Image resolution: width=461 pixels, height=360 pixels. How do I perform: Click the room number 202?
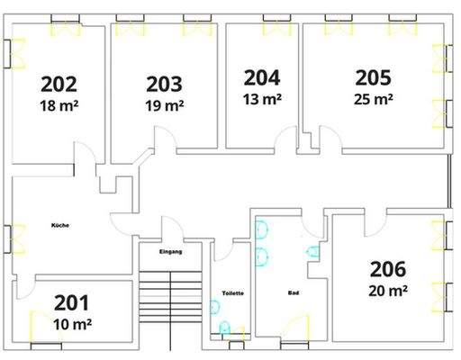(x=59, y=85)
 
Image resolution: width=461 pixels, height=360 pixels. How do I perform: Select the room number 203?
(x=165, y=85)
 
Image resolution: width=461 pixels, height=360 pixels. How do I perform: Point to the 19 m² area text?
(x=165, y=105)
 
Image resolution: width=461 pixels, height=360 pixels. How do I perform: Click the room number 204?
(x=261, y=77)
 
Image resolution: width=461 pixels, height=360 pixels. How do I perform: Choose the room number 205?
(x=374, y=77)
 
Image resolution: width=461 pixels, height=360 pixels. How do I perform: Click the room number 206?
(x=388, y=268)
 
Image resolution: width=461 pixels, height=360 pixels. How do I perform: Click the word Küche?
(x=61, y=224)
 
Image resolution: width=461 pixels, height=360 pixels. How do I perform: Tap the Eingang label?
(x=170, y=251)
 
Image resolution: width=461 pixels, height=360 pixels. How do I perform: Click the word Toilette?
(x=233, y=293)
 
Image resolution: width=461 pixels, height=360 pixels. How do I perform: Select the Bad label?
(x=293, y=293)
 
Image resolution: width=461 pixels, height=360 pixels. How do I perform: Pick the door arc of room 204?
(x=286, y=139)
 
